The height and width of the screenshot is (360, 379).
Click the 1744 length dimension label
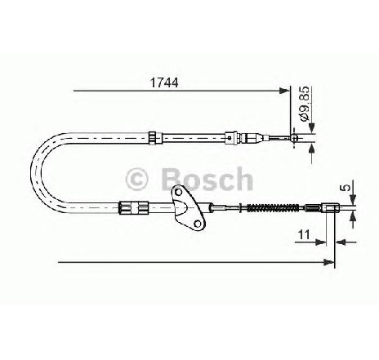coord(164,82)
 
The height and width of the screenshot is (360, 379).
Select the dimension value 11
coord(304,234)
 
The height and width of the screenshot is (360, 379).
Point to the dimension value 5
coord(346,188)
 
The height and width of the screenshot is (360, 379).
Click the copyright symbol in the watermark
coord(136,179)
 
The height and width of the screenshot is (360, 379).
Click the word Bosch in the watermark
coord(207,179)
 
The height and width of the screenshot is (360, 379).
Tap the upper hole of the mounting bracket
coord(178,192)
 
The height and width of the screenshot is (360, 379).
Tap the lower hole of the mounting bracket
coord(198,224)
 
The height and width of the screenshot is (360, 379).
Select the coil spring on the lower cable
coord(272,208)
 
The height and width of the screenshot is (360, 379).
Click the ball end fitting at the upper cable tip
coord(294,138)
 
